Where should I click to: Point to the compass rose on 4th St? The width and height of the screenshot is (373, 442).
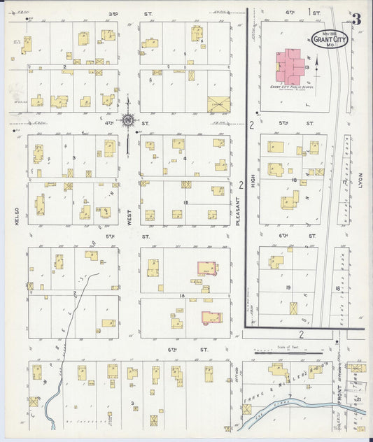click(129, 120)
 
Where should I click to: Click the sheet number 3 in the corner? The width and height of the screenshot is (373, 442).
click(357, 19)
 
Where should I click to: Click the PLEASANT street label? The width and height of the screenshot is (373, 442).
click(239, 210)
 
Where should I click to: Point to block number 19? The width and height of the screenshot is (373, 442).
click(288, 287)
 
